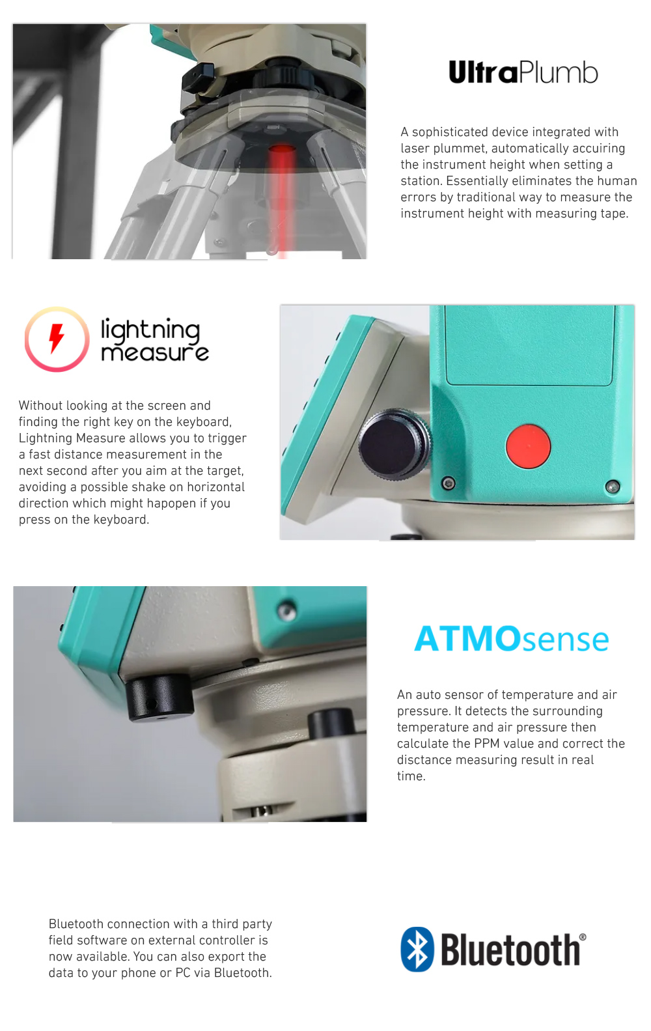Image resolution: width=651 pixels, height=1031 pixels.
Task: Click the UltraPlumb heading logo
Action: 523,72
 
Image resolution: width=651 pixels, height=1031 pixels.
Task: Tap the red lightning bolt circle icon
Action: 57,339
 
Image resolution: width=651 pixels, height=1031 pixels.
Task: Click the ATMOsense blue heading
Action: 512,639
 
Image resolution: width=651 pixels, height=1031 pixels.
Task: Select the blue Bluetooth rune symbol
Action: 417,949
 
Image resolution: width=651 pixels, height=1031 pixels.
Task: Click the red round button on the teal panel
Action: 528,446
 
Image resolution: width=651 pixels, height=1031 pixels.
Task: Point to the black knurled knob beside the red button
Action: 395,444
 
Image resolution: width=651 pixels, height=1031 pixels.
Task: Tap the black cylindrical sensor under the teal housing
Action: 159,698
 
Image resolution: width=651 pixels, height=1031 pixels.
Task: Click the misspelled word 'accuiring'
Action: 598,148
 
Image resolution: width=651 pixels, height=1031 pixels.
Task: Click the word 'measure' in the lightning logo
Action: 154,353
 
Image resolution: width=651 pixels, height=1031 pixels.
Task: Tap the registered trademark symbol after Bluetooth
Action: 583,937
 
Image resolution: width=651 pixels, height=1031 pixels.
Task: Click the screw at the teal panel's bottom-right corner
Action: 612,486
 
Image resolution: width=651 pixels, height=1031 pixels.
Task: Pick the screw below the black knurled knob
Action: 448,483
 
